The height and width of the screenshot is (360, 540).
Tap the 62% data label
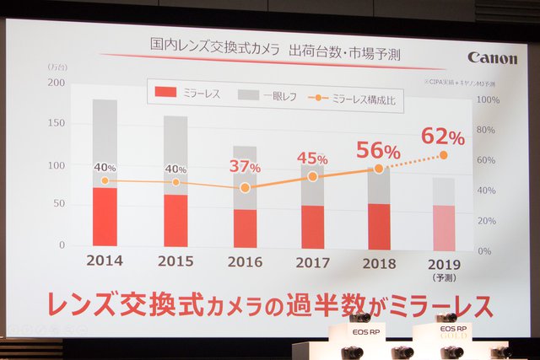(443, 135)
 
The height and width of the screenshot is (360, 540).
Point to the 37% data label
(246, 166)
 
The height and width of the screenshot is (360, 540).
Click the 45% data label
(311, 158)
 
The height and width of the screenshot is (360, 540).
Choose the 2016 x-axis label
(246, 261)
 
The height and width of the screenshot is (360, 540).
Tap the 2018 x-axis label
(379, 262)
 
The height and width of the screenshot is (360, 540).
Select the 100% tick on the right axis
(489, 99)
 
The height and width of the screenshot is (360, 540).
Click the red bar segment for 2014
(105, 217)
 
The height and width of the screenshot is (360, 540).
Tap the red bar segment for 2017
(312, 227)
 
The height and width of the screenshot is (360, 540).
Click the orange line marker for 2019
(444, 155)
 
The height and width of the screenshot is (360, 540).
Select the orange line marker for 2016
(246, 188)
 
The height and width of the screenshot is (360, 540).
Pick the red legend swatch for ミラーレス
(166, 93)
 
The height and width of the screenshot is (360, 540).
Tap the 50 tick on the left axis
(59, 204)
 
